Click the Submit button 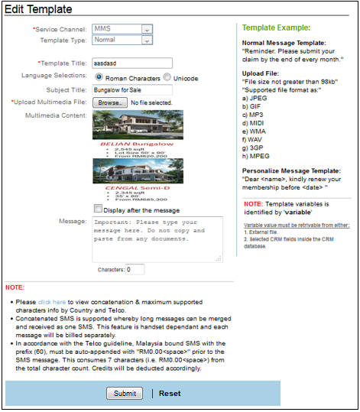tap(124, 393)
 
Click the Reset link tap(170, 393)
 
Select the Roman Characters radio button tap(99, 77)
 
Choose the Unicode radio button tap(167, 77)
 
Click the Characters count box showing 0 tap(135, 270)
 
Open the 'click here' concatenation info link tap(52, 303)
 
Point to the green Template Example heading tap(277, 26)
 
